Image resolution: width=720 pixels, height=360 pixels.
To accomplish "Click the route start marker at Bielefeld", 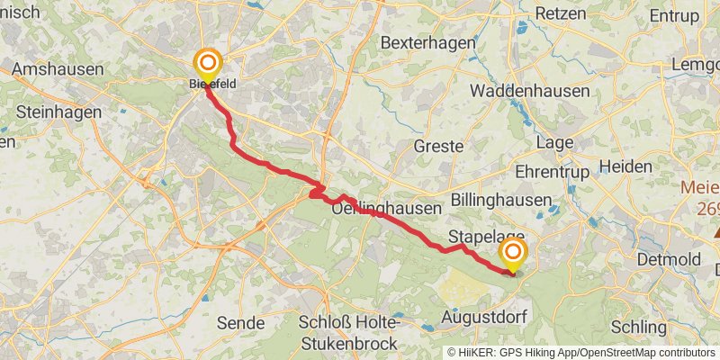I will coord(208,64).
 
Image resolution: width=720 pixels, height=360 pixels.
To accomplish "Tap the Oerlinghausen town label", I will coord(387,208).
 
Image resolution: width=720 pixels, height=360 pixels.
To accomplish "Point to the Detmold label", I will coord(668,260).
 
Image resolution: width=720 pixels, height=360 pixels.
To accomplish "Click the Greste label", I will coord(438,146).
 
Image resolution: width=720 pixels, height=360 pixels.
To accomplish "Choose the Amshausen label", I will coord(58,68).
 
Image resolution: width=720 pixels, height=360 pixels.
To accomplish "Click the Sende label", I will coord(241,322).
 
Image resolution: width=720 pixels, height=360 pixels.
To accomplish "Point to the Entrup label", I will coord(673,15).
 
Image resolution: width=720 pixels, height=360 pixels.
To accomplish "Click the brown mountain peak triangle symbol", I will coord(717,232).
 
